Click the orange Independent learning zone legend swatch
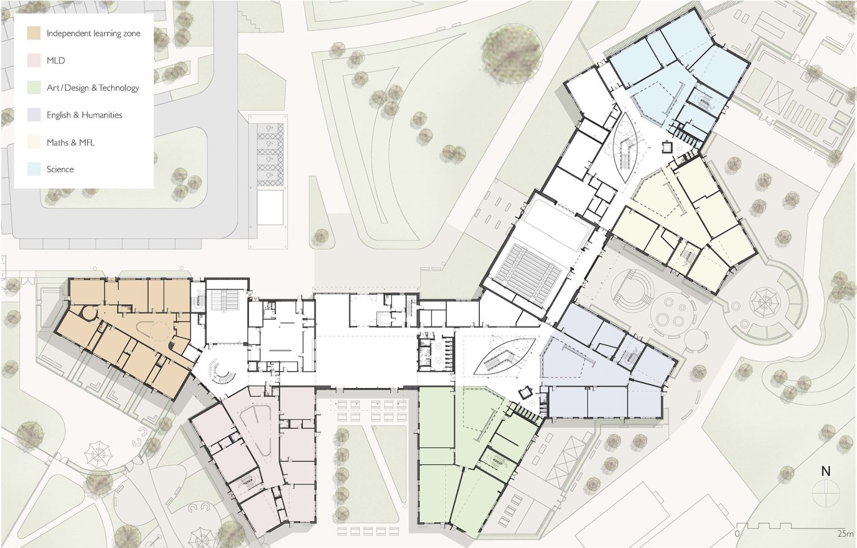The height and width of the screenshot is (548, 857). click(34, 33)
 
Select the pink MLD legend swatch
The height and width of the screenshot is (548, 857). click(34, 61)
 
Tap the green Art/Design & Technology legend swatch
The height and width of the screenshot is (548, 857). click(34, 88)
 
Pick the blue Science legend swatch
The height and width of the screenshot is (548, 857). click(34, 169)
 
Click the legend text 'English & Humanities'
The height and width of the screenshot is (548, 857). click(84, 115)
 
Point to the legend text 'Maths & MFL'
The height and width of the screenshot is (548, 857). click(70, 143)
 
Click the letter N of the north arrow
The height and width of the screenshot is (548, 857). click(826, 471)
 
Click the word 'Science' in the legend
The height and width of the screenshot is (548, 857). click(60, 170)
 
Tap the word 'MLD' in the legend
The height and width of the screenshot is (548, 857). click(56, 61)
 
